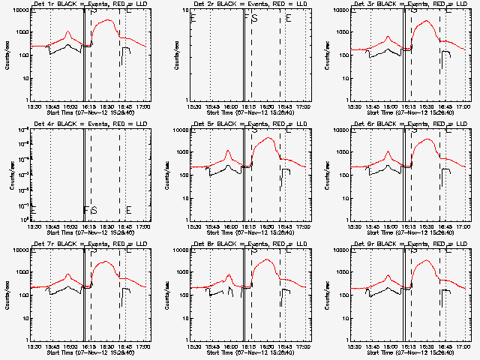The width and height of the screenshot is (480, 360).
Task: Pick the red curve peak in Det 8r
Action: pos(266,259)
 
